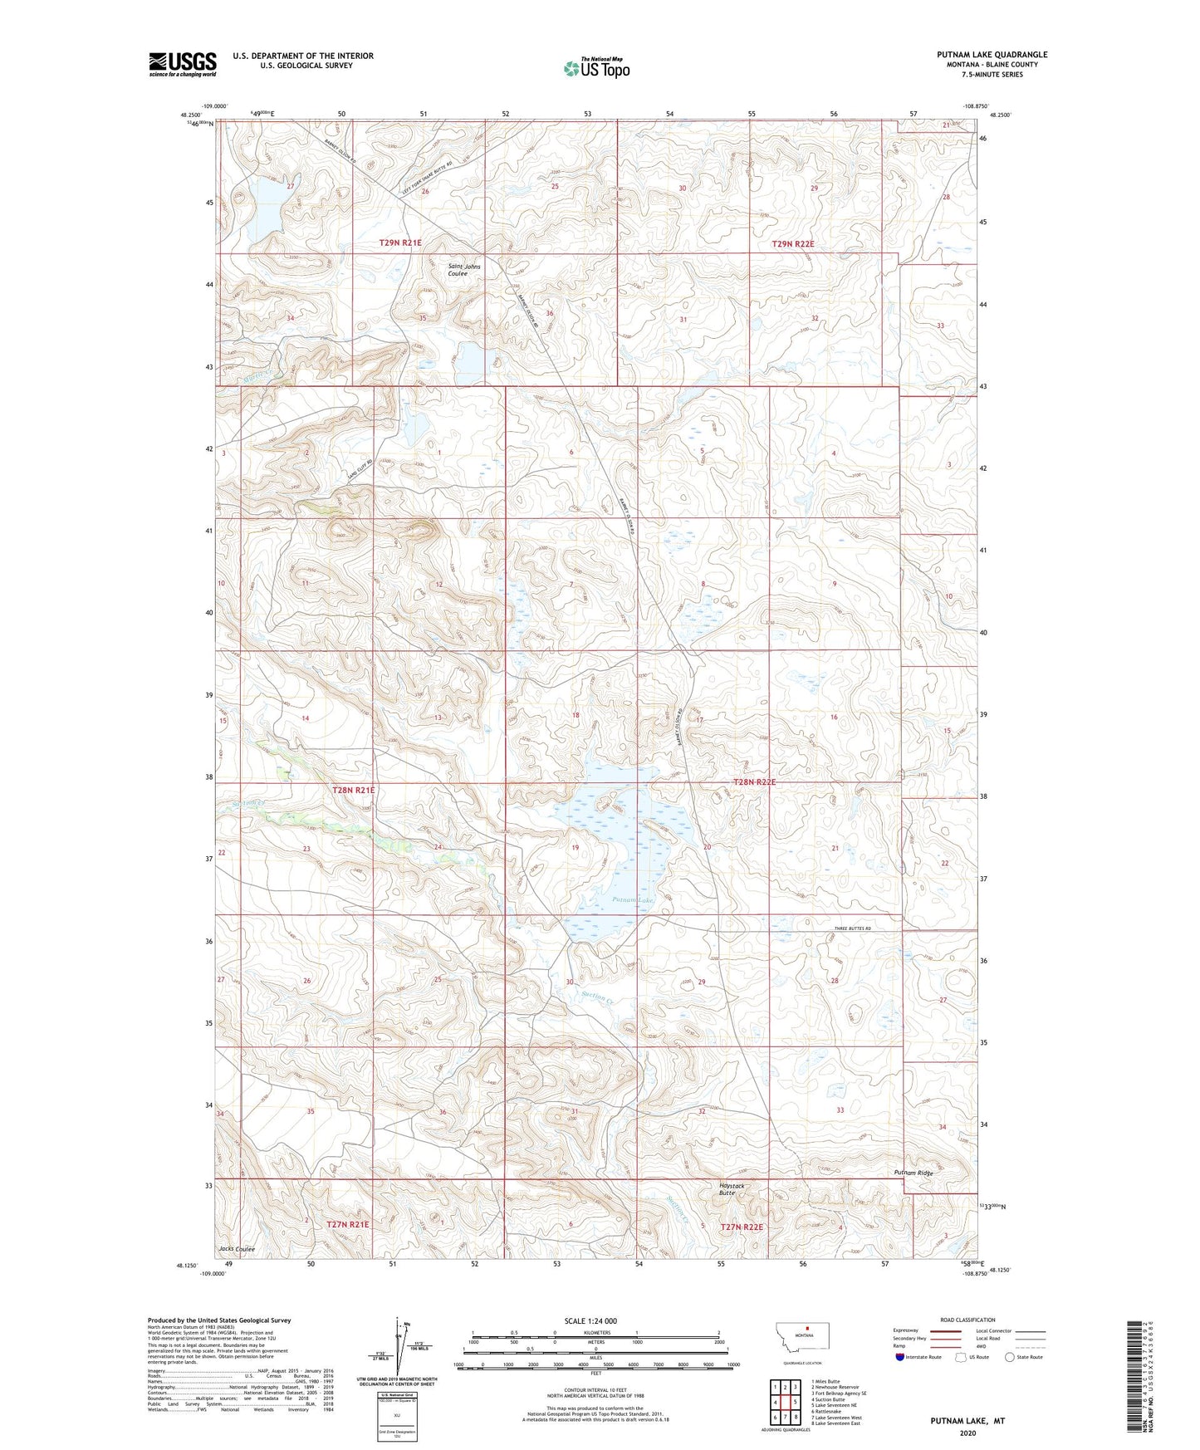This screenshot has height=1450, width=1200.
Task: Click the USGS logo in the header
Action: (183, 63)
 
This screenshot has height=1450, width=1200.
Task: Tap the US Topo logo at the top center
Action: (596, 68)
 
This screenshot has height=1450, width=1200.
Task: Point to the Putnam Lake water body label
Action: (634, 899)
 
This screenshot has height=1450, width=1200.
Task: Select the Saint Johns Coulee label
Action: (463, 270)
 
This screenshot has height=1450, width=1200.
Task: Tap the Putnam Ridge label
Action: (913, 1172)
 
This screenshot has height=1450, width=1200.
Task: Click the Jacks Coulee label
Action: (237, 1249)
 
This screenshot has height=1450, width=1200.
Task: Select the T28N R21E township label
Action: (354, 791)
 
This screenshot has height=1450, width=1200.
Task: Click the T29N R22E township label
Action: (792, 244)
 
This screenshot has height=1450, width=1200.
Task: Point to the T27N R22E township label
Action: (741, 1227)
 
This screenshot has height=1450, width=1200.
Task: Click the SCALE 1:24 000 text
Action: (590, 1321)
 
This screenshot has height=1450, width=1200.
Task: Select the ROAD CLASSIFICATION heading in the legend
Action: (967, 1320)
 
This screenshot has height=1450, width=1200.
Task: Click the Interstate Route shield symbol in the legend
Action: (900, 1357)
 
